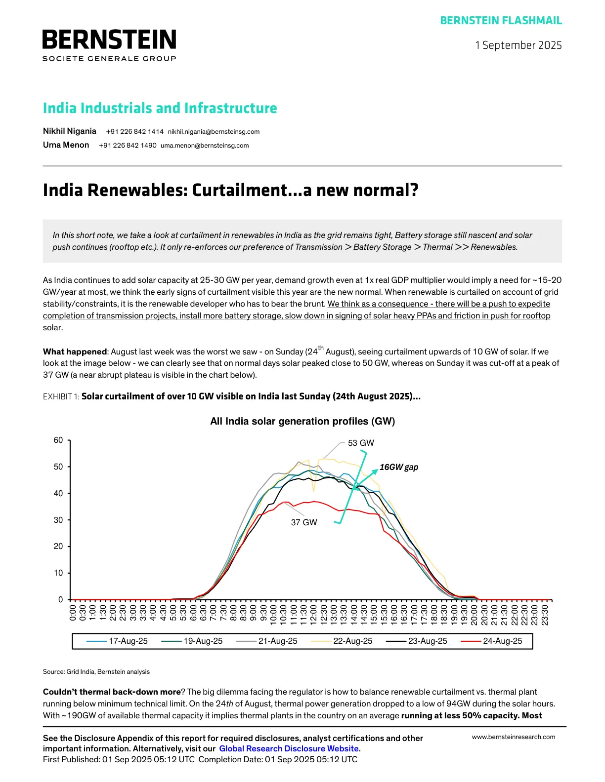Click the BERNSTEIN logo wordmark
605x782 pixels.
point(109,40)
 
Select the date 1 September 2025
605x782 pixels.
point(518,45)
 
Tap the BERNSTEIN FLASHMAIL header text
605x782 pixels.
point(501,21)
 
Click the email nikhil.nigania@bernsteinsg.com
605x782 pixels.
point(214,132)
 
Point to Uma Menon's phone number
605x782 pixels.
point(128,146)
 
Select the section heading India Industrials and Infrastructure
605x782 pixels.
point(160,108)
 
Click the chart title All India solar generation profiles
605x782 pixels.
point(302,421)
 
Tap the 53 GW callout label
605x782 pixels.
point(361,443)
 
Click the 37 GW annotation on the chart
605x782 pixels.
point(303,522)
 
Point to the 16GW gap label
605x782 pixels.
point(398,467)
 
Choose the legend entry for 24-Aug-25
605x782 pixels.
point(502,641)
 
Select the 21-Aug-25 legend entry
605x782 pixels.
point(277,641)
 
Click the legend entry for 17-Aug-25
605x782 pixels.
point(128,641)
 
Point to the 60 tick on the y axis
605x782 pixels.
point(58,440)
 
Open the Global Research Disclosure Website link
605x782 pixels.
point(289,748)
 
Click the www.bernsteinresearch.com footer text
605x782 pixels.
point(513,737)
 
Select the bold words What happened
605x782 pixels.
point(75,352)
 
